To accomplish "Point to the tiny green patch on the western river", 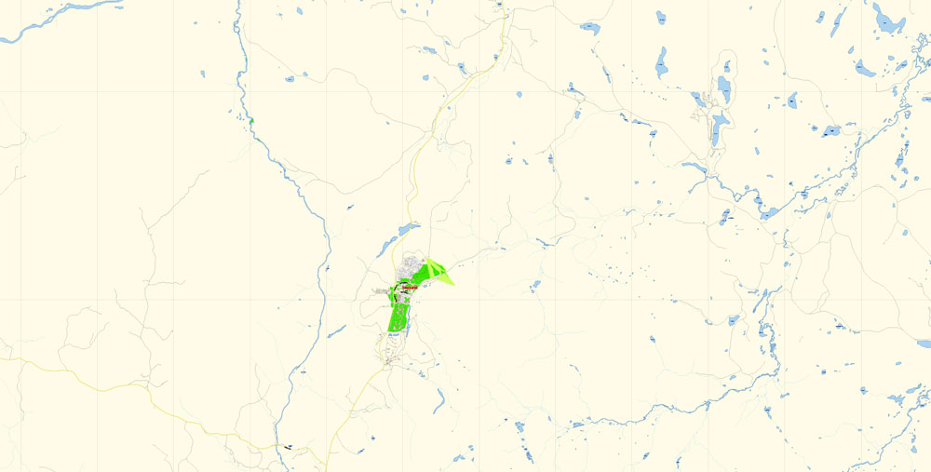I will (250, 120).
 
